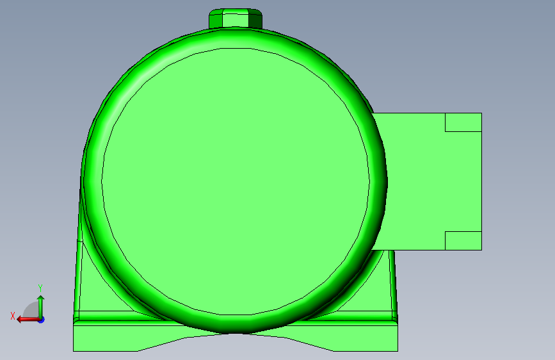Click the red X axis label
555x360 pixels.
[12, 316]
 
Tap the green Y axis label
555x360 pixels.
[40, 288]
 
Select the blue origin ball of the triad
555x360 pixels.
[40, 319]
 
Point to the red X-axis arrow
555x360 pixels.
[26, 319]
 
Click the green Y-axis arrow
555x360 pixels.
[40, 304]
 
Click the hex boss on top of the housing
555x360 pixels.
[235, 18]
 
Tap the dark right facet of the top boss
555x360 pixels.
[255, 19]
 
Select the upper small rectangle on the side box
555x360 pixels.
[463, 122]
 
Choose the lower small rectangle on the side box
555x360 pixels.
[463, 240]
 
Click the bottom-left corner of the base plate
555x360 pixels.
[74, 350]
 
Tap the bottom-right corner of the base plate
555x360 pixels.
[397, 350]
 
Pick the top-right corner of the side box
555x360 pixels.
[481, 114]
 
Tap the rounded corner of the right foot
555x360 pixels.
[395, 316]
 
